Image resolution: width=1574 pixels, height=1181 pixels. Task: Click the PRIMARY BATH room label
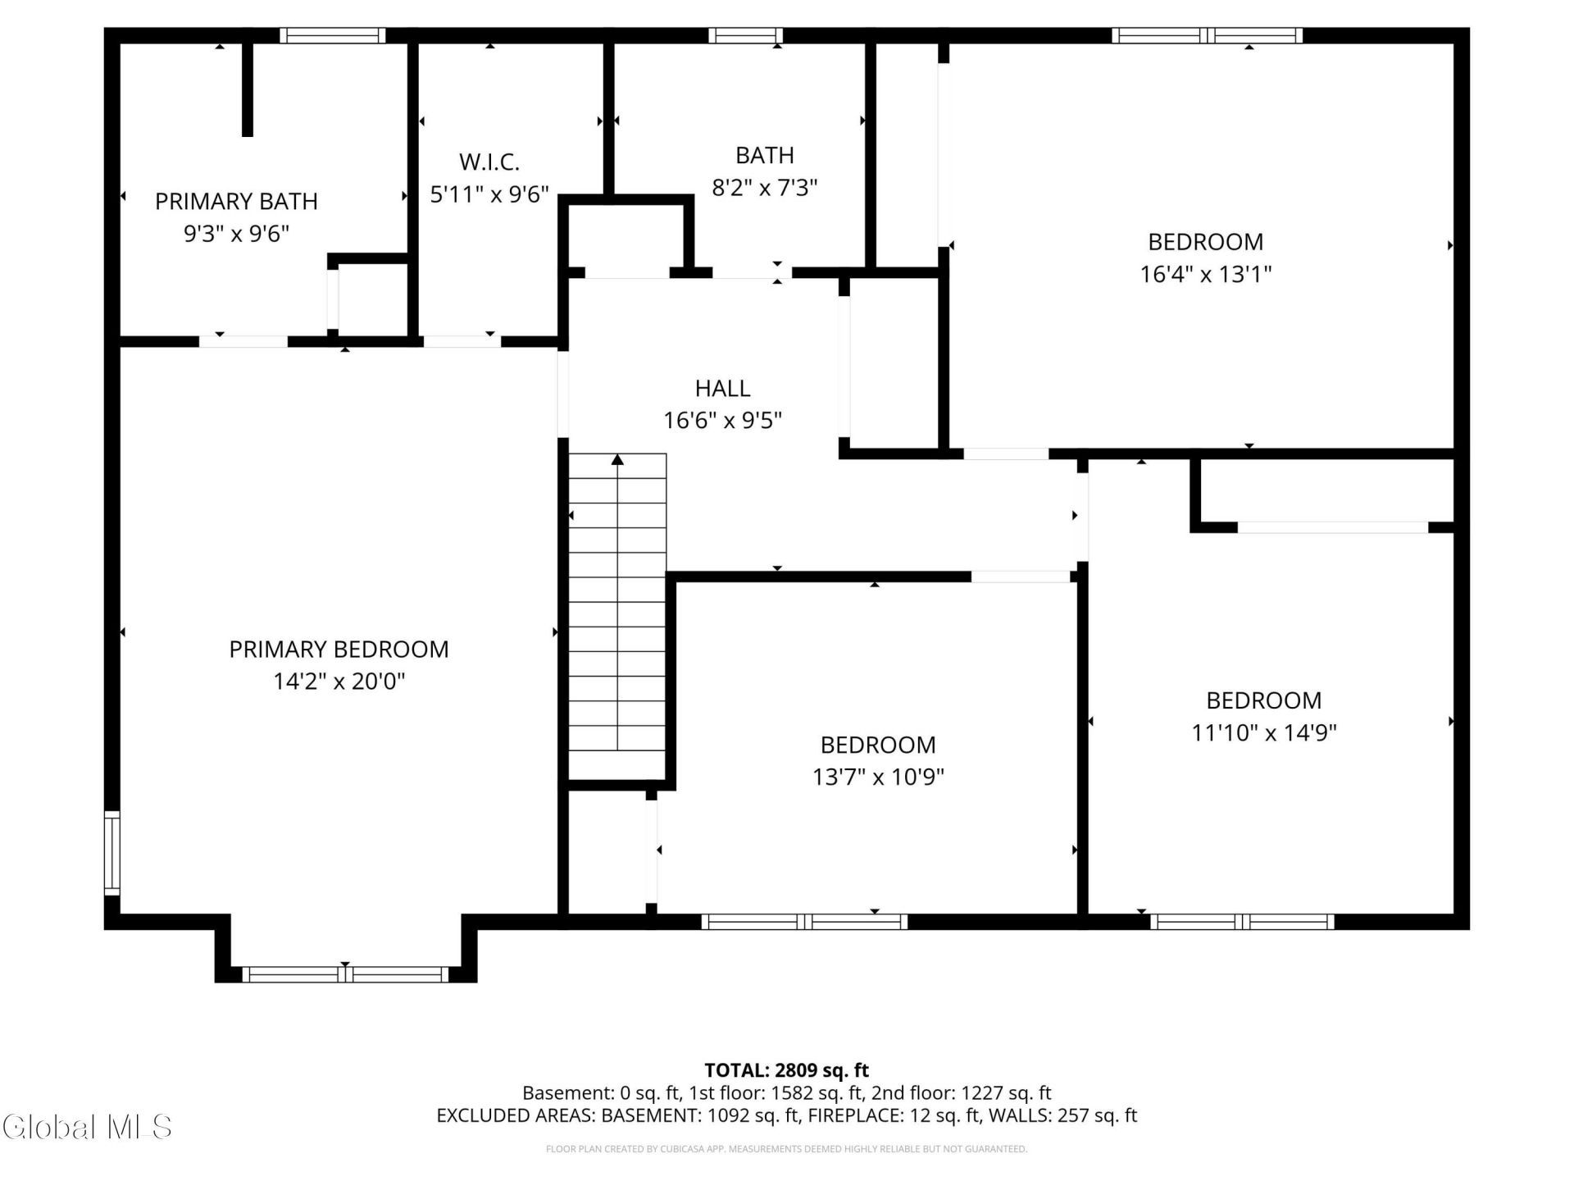pyautogui.click(x=236, y=201)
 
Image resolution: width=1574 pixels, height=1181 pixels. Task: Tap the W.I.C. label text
pyautogui.click(x=489, y=162)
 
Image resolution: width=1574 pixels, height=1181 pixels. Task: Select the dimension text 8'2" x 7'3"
pyautogui.click(x=764, y=188)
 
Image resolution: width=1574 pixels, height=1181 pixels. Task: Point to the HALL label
pyautogui.click(x=722, y=388)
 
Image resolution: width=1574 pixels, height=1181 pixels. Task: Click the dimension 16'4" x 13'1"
pyautogui.click(x=1205, y=274)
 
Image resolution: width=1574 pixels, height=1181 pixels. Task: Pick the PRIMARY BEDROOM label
pyautogui.click(x=339, y=650)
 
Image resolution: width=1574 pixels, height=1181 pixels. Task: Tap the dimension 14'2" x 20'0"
pyautogui.click(x=339, y=682)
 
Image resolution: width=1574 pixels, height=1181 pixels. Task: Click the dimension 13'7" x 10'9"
pyautogui.click(x=878, y=777)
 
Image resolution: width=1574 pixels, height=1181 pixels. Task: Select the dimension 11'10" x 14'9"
pyautogui.click(x=1263, y=732)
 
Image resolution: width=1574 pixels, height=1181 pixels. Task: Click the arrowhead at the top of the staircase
pyautogui.click(x=617, y=460)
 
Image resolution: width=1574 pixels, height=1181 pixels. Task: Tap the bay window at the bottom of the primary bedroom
pyautogui.click(x=345, y=974)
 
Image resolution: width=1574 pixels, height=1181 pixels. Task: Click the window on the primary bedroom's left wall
pyautogui.click(x=112, y=853)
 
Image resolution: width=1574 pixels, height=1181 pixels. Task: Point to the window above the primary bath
pyautogui.click(x=332, y=35)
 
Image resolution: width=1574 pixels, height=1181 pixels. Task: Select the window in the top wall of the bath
pyautogui.click(x=745, y=35)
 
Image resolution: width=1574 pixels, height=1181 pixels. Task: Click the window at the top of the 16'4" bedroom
pyautogui.click(x=1208, y=35)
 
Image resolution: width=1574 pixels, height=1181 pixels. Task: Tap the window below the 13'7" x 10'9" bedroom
pyautogui.click(x=804, y=922)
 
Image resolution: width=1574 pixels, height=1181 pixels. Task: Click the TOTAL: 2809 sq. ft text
pyautogui.click(x=786, y=1070)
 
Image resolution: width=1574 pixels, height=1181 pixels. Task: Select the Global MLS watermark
pyautogui.click(x=87, y=1127)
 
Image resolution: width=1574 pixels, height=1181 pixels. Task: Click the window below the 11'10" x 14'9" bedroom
pyautogui.click(x=1242, y=922)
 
